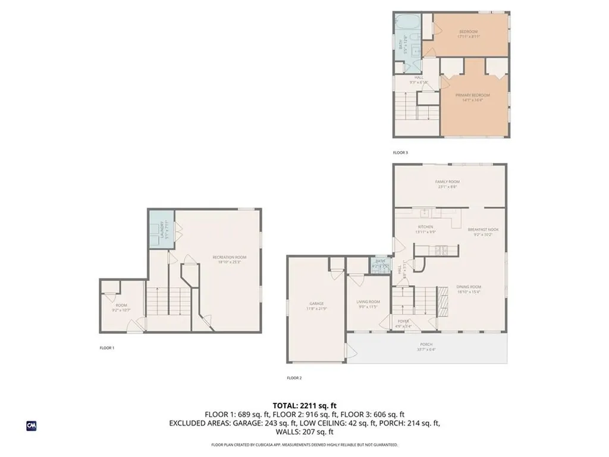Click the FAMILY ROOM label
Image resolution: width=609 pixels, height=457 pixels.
point(448,182)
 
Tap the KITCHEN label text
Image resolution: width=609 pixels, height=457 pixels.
point(425,227)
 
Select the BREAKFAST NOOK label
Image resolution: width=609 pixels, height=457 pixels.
point(483,229)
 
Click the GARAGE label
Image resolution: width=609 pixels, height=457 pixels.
point(316,303)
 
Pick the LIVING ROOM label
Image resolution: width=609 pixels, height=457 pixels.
point(368,302)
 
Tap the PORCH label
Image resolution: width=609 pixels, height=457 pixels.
point(426,345)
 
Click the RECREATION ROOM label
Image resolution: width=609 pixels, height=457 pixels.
point(229,257)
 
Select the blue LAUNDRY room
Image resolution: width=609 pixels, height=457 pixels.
point(161,228)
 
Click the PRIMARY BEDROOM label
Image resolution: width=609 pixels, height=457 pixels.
point(473,95)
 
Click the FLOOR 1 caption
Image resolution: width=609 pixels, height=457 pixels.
point(106,348)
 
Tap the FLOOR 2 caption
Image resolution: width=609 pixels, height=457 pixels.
point(294,378)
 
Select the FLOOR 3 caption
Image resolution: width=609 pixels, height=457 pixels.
point(400,153)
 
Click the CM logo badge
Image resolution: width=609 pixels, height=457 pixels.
point(32,425)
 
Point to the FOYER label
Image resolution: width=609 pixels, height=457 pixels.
point(403,321)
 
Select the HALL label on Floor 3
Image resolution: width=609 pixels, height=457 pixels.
point(418,77)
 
